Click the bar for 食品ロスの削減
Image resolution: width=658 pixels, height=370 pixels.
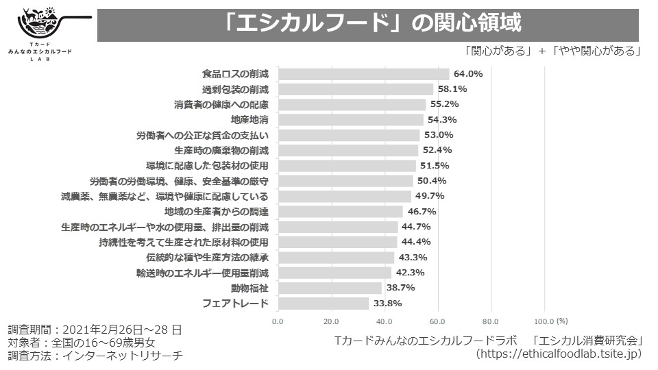pyautogui.click(x=364, y=74)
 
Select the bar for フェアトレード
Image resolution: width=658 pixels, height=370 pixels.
pyautogui.click(x=324, y=304)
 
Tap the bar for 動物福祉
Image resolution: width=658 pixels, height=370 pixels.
pyautogui.click(x=330, y=288)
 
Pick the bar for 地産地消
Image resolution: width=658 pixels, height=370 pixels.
pyautogui.click(x=351, y=119)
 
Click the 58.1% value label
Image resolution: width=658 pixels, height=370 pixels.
pyautogui.click(x=452, y=89)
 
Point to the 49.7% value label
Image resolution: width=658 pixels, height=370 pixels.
pyautogui.click(x=430, y=196)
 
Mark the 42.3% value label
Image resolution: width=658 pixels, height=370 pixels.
pyautogui.click(x=410, y=273)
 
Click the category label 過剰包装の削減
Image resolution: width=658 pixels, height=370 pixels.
pyautogui.click(x=235, y=89)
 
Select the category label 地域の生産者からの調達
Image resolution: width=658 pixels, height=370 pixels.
pyautogui.click(x=217, y=212)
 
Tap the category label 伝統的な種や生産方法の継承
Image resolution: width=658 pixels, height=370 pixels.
pyautogui.click(x=207, y=258)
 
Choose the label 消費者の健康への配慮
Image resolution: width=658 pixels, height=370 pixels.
pyautogui.click(x=221, y=104)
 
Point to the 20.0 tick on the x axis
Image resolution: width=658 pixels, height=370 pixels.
pyautogui.click(x=331, y=322)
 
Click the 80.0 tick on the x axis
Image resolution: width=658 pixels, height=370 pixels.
pyautogui.click(x=490, y=322)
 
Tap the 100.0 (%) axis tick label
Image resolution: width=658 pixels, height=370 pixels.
pyautogui.click(x=550, y=321)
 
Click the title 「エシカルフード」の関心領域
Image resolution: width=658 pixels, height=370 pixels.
pyautogui.click(x=371, y=23)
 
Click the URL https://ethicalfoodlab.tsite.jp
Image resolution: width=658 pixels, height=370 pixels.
pyautogui.click(x=559, y=354)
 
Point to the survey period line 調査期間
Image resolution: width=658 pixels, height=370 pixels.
pyautogui.click(x=95, y=330)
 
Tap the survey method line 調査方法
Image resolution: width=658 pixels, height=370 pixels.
pyautogui.click(x=95, y=356)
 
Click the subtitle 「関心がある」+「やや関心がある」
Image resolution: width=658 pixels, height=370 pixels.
pyautogui.click(x=552, y=51)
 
